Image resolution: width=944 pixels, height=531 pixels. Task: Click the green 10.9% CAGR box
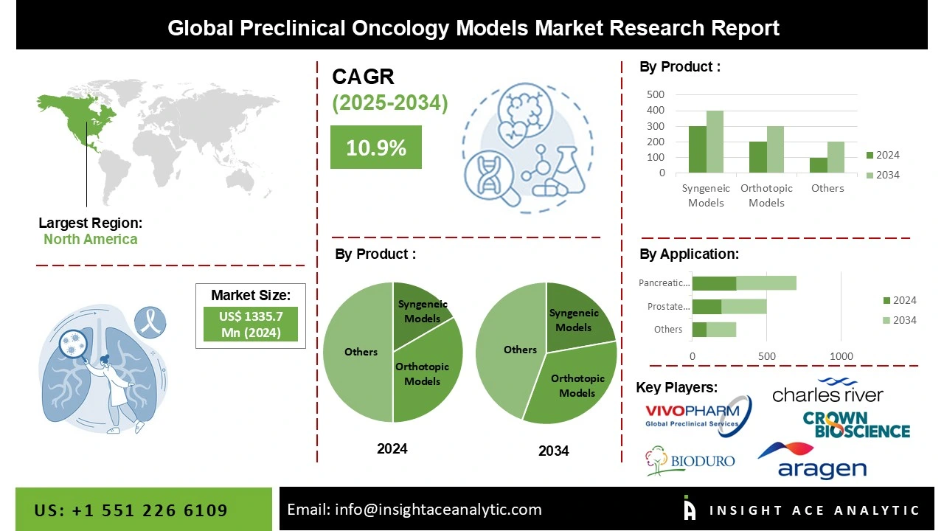[x=375, y=147]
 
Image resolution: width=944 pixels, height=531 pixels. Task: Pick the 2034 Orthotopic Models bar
[x=775, y=150]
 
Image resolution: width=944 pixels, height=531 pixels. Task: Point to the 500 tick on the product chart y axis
[x=656, y=94]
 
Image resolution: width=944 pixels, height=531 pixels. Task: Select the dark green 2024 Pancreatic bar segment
[x=714, y=283]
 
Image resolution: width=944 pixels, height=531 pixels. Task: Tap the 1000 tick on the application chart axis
[x=841, y=356]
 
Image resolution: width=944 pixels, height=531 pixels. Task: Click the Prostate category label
[x=668, y=306]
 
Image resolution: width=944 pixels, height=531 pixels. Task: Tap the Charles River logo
[x=827, y=392]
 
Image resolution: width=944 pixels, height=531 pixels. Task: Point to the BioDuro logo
[x=690, y=461]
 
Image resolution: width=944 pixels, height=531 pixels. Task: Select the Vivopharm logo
[x=698, y=415]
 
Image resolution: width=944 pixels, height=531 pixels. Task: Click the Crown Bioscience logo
[x=856, y=425]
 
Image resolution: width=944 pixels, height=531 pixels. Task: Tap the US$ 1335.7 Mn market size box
[x=251, y=324]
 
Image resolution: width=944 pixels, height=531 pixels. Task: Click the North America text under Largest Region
[x=90, y=239]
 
